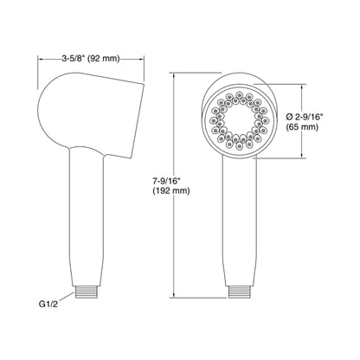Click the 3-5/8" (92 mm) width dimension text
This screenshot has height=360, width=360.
91,59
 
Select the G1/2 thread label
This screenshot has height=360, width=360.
48,304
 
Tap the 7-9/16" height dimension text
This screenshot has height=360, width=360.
166,181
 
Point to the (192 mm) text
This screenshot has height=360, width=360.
171,190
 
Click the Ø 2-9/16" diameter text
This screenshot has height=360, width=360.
305,117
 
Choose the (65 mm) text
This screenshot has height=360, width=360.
302,126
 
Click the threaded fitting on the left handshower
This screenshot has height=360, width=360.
87,292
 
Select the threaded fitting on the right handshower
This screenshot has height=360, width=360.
239,292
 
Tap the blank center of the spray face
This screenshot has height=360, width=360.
239,120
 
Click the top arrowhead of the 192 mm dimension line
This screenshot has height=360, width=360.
174,75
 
